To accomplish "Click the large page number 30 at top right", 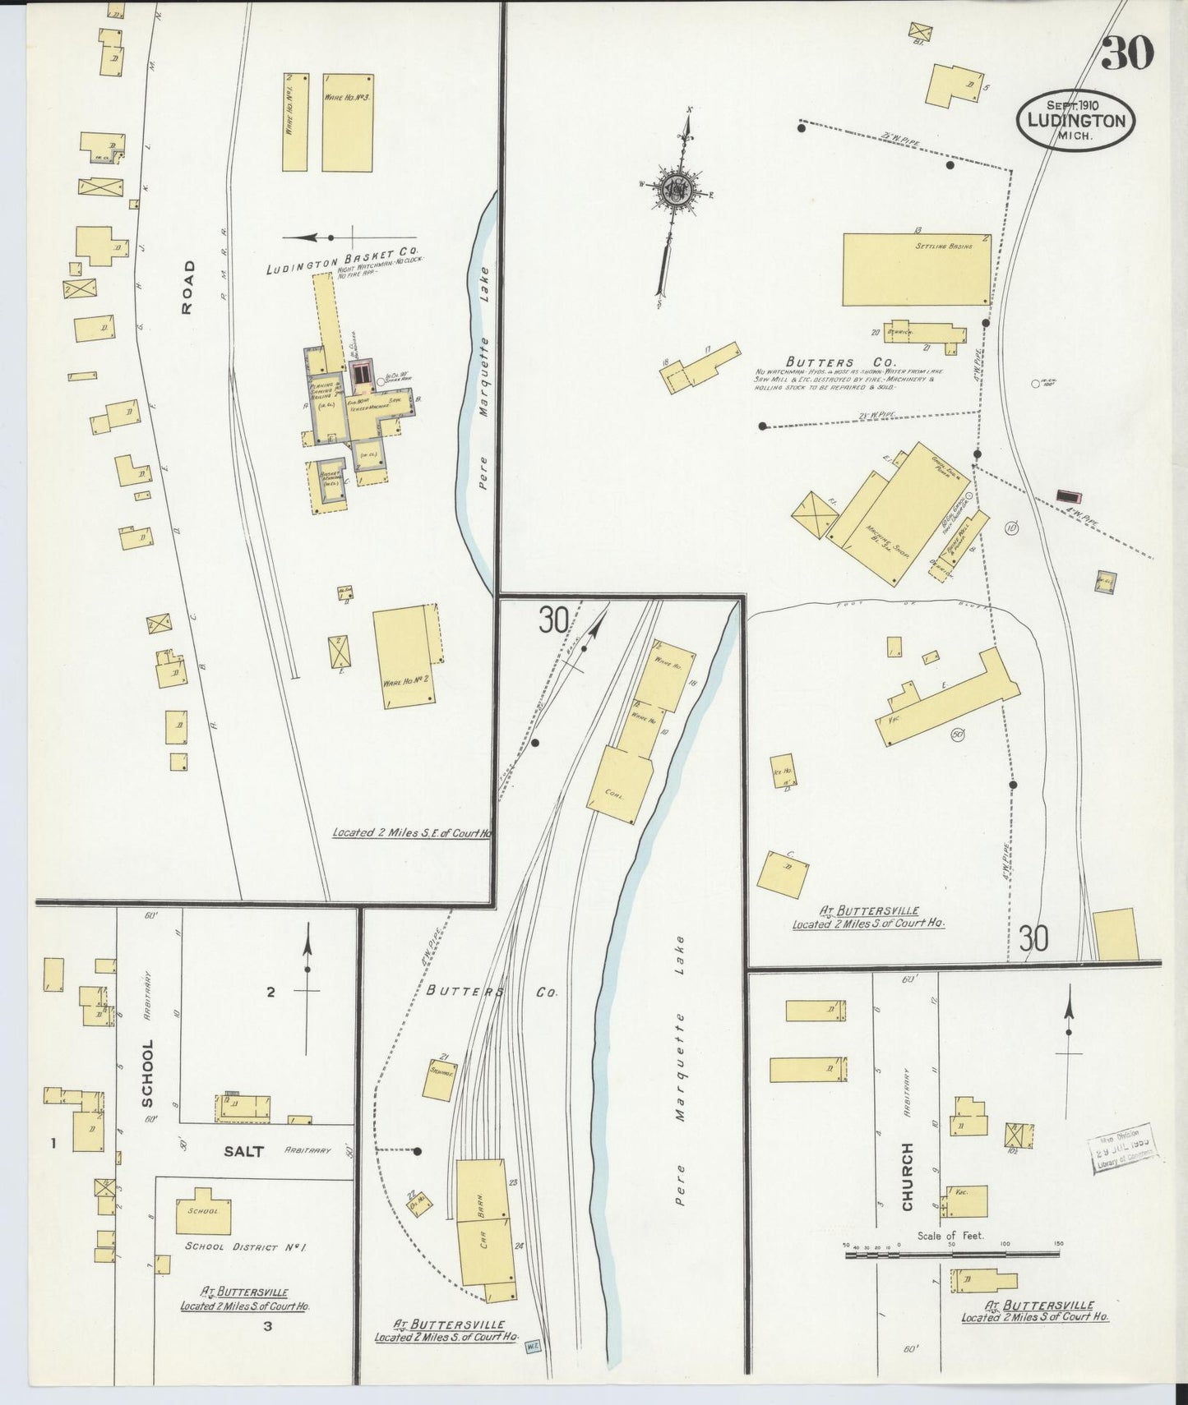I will coord(1127,53).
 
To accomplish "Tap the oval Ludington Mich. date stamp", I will coord(1075,120).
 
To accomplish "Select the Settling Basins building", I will coord(916,269).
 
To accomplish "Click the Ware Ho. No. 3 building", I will coord(347,122).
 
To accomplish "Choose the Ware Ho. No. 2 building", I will coord(404,657).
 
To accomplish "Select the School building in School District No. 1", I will coord(203,1210).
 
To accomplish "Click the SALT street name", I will coord(243,1151).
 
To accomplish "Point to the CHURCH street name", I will coord(907,1177).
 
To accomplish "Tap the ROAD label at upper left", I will coord(188,287).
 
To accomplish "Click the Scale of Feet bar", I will coord(952,1254).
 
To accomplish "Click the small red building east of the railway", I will coord(1069,496).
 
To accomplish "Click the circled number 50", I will coord(957,734).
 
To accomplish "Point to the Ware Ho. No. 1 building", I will coord(295,122).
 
